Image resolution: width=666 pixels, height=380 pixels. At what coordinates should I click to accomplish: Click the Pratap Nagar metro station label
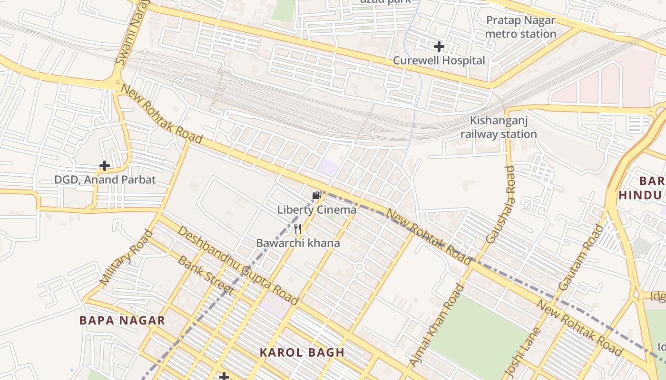[520, 27]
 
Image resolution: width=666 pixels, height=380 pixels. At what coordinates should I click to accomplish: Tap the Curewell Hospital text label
[439, 60]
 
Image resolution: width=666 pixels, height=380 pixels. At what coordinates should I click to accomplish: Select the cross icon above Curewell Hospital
[439, 47]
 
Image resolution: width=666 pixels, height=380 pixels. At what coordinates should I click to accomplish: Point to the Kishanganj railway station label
[499, 127]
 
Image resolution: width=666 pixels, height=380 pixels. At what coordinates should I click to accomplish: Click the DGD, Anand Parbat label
[105, 180]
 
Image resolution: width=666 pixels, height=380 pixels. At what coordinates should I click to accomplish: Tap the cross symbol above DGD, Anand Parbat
[105, 166]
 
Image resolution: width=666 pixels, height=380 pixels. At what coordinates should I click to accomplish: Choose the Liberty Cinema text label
[317, 209]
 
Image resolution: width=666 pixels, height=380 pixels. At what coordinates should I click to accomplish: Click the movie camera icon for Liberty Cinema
[316, 196]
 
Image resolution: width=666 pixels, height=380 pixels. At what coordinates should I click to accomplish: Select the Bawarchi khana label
[298, 243]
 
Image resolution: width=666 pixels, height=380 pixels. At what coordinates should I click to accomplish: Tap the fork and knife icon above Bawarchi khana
[298, 229]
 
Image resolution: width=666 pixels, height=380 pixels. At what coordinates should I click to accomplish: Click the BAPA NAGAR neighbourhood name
[122, 320]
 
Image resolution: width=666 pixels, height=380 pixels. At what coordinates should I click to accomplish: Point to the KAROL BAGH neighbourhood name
[302, 352]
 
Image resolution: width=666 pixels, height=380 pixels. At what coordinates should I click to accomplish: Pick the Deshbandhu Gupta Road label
[238, 266]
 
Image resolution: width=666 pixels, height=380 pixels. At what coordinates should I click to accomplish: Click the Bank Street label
[206, 275]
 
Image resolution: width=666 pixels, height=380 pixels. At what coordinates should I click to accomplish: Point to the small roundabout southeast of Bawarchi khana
[360, 267]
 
